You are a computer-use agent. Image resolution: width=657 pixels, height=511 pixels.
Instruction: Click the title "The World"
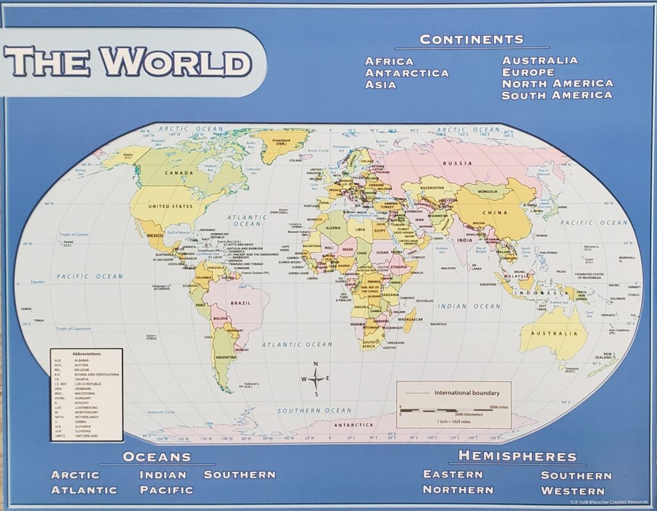pyautogui.click(x=128, y=62)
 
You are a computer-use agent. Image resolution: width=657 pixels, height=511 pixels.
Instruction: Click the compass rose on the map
pyautogui.click(x=317, y=377)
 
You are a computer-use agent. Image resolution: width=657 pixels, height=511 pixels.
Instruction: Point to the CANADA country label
pyautogui.click(x=179, y=173)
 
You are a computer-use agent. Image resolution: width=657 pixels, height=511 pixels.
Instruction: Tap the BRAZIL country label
pyautogui.click(x=241, y=302)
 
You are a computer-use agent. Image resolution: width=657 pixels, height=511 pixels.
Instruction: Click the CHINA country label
pyautogui.click(x=495, y=212)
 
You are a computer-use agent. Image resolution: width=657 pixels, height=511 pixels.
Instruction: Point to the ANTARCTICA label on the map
pyautogui.click(x=354, y=425)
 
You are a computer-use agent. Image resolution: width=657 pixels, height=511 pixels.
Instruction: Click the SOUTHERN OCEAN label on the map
pyautogui.click(x=314, y=411)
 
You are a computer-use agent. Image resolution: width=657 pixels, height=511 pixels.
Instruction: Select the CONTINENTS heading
pyautogui.click(x=472, y=40)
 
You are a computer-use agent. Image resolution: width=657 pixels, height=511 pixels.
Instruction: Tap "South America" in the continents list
pyautogui.click(x=557, y=95)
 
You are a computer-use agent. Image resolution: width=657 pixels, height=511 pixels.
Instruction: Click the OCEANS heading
pyautogui.click(x=157, y=457)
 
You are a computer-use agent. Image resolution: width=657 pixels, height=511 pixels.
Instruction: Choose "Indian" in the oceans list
pyautogui.click(x=163, y=475)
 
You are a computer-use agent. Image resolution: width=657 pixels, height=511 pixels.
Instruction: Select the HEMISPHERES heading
pyautogui.click(x=517, y=456)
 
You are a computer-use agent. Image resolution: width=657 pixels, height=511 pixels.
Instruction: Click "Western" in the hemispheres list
pyautogui.click(x=573, y=491)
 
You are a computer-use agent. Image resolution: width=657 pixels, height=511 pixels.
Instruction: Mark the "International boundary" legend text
pyautogui.click(x=467, y=392)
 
